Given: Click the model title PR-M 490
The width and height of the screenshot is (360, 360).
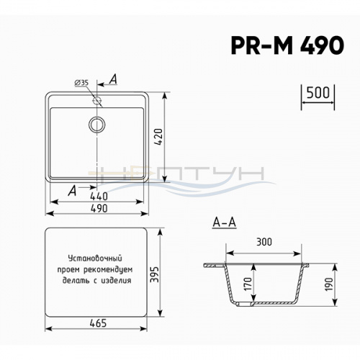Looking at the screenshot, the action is (x=287, y=45).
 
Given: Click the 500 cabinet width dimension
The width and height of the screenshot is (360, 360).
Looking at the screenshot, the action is (x=318, y=93).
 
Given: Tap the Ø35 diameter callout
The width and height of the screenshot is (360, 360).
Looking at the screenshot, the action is (x=81, y=83).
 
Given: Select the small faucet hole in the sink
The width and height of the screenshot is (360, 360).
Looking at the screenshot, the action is (x=96, y=100).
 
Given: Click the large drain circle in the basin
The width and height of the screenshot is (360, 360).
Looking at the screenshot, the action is (x=96, y=125).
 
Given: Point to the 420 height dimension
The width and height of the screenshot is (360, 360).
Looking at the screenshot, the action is (x=158, y=138).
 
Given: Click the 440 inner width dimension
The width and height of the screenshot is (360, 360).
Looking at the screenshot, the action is (x=99, y=197).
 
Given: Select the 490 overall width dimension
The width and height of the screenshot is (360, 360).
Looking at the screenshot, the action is (x=99, y=209).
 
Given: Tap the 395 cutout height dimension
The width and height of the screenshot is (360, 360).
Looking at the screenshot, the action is (x=155, y=274).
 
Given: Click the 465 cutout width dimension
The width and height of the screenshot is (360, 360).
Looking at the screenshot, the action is (x=98, y=323).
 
